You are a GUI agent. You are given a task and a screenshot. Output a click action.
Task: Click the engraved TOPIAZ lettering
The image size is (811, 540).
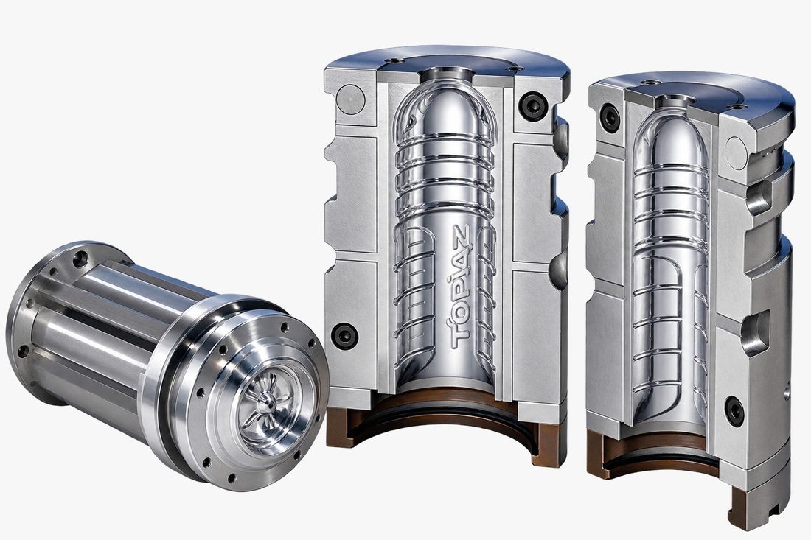pyautogui.click(x=460, y=287)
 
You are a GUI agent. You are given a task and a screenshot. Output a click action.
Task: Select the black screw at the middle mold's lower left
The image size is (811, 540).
pyautogui.click(x=344, y=335)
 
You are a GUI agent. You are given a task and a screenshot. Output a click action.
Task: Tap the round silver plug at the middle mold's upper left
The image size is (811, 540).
pyautogui.click(x=350, y=99)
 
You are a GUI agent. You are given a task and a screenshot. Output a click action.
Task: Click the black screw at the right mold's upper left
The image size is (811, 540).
pyautogui.click(x=610, y=116)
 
